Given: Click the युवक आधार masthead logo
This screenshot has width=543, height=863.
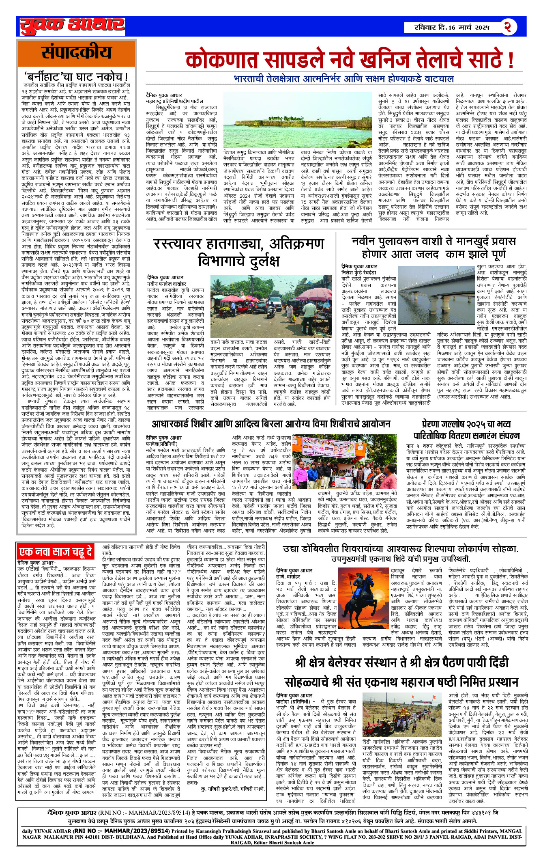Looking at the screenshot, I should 72,26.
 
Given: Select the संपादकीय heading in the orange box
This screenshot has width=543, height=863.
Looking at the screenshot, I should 76,53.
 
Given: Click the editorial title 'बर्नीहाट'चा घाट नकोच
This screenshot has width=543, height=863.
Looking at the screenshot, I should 76,77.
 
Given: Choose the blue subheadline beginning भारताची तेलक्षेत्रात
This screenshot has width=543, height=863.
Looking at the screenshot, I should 343,79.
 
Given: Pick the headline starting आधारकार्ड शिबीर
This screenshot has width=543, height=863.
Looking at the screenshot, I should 271,424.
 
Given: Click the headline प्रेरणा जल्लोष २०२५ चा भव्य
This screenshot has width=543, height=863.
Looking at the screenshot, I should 466,424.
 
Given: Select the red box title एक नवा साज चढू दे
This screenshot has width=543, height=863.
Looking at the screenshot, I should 55,552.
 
